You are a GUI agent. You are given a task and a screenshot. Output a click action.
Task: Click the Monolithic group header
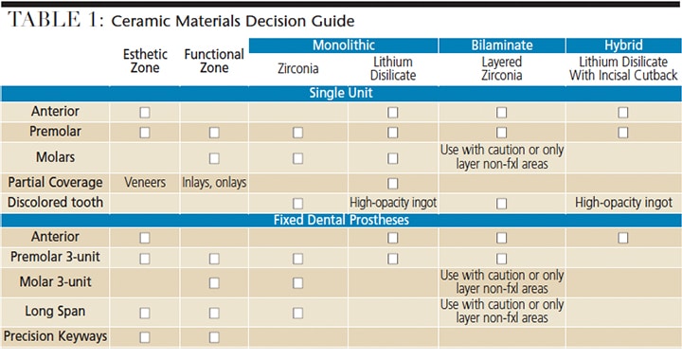[343, 45]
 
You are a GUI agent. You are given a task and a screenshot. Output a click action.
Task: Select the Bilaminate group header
[502, 45]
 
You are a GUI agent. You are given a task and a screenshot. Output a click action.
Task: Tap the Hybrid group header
[623, 45]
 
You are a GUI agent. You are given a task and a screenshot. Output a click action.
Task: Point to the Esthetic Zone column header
[145, 61]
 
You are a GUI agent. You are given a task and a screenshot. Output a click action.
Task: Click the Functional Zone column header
[214, 61]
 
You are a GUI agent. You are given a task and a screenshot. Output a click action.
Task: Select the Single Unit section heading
[341, 93]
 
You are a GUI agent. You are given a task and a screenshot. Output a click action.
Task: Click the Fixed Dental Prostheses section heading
[341, 220]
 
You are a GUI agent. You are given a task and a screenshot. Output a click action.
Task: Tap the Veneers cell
[145, 182]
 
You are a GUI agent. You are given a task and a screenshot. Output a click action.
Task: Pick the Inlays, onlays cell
[214, 183]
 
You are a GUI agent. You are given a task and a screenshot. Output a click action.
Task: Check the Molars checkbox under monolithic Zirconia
[298, 158]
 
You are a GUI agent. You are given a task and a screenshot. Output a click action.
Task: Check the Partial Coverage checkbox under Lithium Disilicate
[393, 184]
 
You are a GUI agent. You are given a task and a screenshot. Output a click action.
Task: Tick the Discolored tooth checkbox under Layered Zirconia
[501, 204]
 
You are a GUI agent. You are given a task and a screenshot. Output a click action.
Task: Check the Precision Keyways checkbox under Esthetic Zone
[145, 337]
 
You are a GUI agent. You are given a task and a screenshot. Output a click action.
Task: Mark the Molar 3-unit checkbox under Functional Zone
[214, 283]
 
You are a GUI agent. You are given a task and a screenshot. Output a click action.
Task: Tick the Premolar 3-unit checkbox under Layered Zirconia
[501, 259]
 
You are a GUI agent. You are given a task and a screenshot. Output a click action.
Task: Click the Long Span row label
[55, 312]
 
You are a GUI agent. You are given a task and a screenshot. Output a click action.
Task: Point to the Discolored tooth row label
[55, 202]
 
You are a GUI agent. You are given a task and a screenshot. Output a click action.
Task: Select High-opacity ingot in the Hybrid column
[623, 203]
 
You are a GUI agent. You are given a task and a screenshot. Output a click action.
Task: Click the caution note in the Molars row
[502, 156]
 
